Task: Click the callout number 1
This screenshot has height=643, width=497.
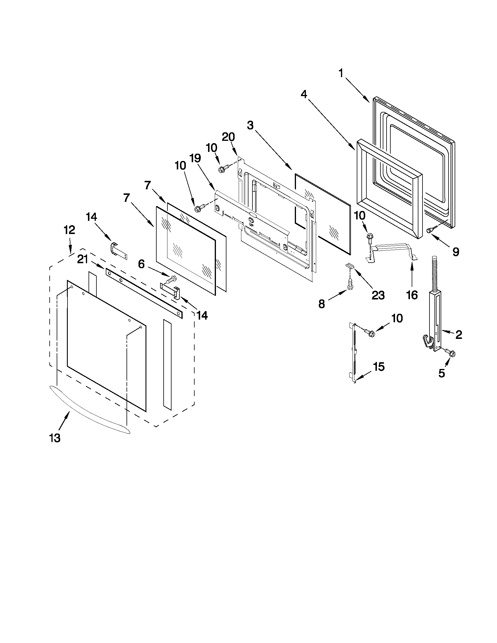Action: point(341,73)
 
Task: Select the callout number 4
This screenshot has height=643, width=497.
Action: point(304,94)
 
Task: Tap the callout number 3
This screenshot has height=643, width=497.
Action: point(250,125)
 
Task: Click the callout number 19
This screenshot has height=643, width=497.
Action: point(195,158)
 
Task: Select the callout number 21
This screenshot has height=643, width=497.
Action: point(83,259)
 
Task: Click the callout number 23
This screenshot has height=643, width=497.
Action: point(378,295)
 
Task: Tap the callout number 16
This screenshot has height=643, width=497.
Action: point(412,295)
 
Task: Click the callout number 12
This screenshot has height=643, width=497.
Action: point(70,230)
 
